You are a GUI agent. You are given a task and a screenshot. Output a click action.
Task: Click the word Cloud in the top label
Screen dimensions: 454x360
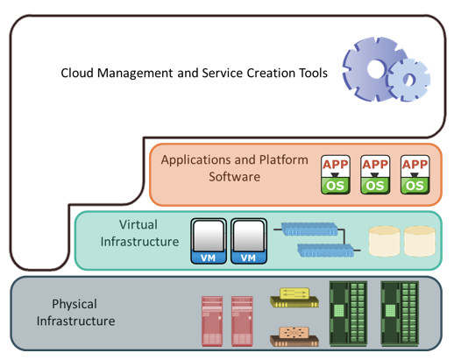[77, 73]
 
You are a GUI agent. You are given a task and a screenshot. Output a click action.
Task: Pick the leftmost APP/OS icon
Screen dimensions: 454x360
[336, 174]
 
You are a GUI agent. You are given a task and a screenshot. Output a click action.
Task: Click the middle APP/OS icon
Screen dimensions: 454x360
[375, 174]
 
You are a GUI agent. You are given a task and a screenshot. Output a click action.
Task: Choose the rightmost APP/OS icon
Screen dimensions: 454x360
[415, 174]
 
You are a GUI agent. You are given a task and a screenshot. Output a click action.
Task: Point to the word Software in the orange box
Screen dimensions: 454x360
[234, 177]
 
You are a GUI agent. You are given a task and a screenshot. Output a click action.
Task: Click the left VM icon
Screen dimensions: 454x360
[209, 241]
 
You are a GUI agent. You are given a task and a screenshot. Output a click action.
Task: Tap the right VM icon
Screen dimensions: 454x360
[249, 241]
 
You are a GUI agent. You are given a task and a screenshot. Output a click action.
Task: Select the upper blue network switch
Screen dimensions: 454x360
[309, 229]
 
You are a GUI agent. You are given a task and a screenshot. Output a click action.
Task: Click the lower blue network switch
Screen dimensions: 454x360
[325, 251]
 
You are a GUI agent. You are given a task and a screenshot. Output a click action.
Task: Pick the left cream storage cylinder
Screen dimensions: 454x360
[384, 241]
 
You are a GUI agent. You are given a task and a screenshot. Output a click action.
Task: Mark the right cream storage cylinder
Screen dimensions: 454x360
[420, 241]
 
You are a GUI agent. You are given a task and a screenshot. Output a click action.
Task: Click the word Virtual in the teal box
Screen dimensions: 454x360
[138, 225]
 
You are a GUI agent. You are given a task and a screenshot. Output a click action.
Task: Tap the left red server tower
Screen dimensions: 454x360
[212, 321]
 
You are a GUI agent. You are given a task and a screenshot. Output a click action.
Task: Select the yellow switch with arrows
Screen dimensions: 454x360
[294, 298]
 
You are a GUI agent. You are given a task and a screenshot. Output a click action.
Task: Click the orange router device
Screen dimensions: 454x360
[294, 336]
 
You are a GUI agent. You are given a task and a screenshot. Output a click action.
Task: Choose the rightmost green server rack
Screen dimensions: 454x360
[400, 314]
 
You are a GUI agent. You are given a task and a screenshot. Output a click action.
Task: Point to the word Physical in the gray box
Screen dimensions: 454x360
[74, 304]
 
